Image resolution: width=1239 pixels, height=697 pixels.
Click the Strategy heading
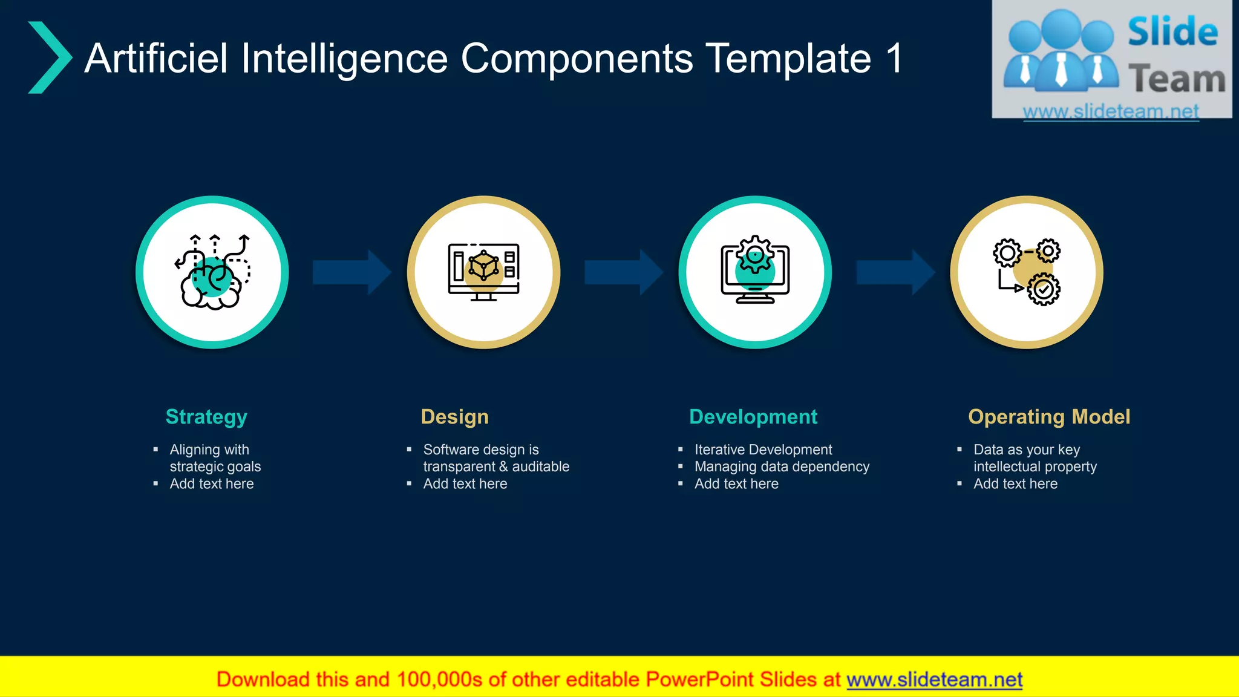[x=206, y=417]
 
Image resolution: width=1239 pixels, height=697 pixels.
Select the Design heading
[x=454, y=417]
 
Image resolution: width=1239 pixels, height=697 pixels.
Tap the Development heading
[x=753, y=417]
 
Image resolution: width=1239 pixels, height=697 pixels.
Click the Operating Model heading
[x=1049, y=417]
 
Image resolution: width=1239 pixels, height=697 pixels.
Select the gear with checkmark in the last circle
[x=1044, y=289]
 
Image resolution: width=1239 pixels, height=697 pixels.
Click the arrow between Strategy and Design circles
[x=351, y=272]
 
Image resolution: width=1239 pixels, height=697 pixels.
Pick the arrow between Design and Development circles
[x=623, y=272]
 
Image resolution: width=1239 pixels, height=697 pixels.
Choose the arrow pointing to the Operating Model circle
[x=895, y=272]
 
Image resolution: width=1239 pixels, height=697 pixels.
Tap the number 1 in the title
[x=894, y=59]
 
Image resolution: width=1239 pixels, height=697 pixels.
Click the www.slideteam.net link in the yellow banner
[x=934, y=679]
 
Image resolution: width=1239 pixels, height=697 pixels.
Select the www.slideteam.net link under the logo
[x=1111, y=111]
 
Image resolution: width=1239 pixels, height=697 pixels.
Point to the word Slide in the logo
[x=1172, y=32]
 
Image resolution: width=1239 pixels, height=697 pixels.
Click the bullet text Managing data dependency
[x=782, y=466]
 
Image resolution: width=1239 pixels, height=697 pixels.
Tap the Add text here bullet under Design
[x=465, y=483]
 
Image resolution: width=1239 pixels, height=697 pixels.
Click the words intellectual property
[x=1035, y=466]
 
